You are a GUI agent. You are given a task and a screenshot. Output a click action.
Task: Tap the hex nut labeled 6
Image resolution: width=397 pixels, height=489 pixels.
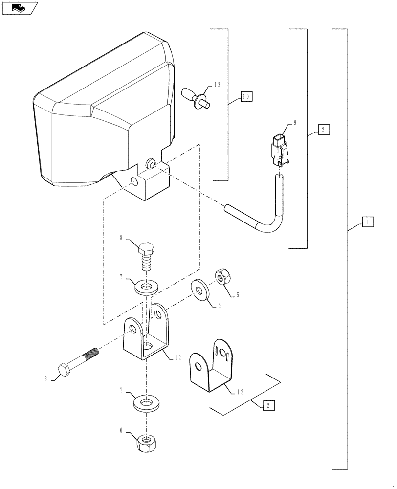146,444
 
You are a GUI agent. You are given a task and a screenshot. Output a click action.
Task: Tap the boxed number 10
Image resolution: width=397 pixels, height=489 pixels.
246,97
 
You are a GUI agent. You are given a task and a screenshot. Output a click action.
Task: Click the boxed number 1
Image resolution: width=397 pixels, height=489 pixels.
368,222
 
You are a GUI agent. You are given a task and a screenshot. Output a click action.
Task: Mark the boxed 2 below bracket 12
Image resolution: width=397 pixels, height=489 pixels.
267,405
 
